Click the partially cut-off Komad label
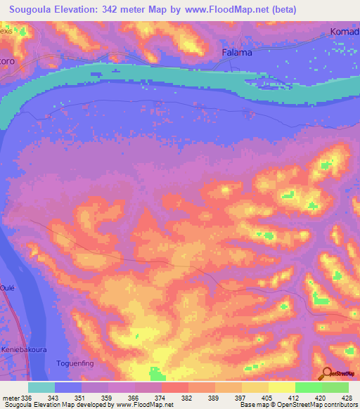point(345,32)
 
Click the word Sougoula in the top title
point(32,9)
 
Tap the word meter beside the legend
point(11,399)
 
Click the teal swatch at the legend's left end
point(41,387)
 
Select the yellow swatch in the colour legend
point(282,387)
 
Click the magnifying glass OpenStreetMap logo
point(325,372)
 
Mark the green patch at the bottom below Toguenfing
point(157,373)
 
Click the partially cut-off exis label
point(6,32)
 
